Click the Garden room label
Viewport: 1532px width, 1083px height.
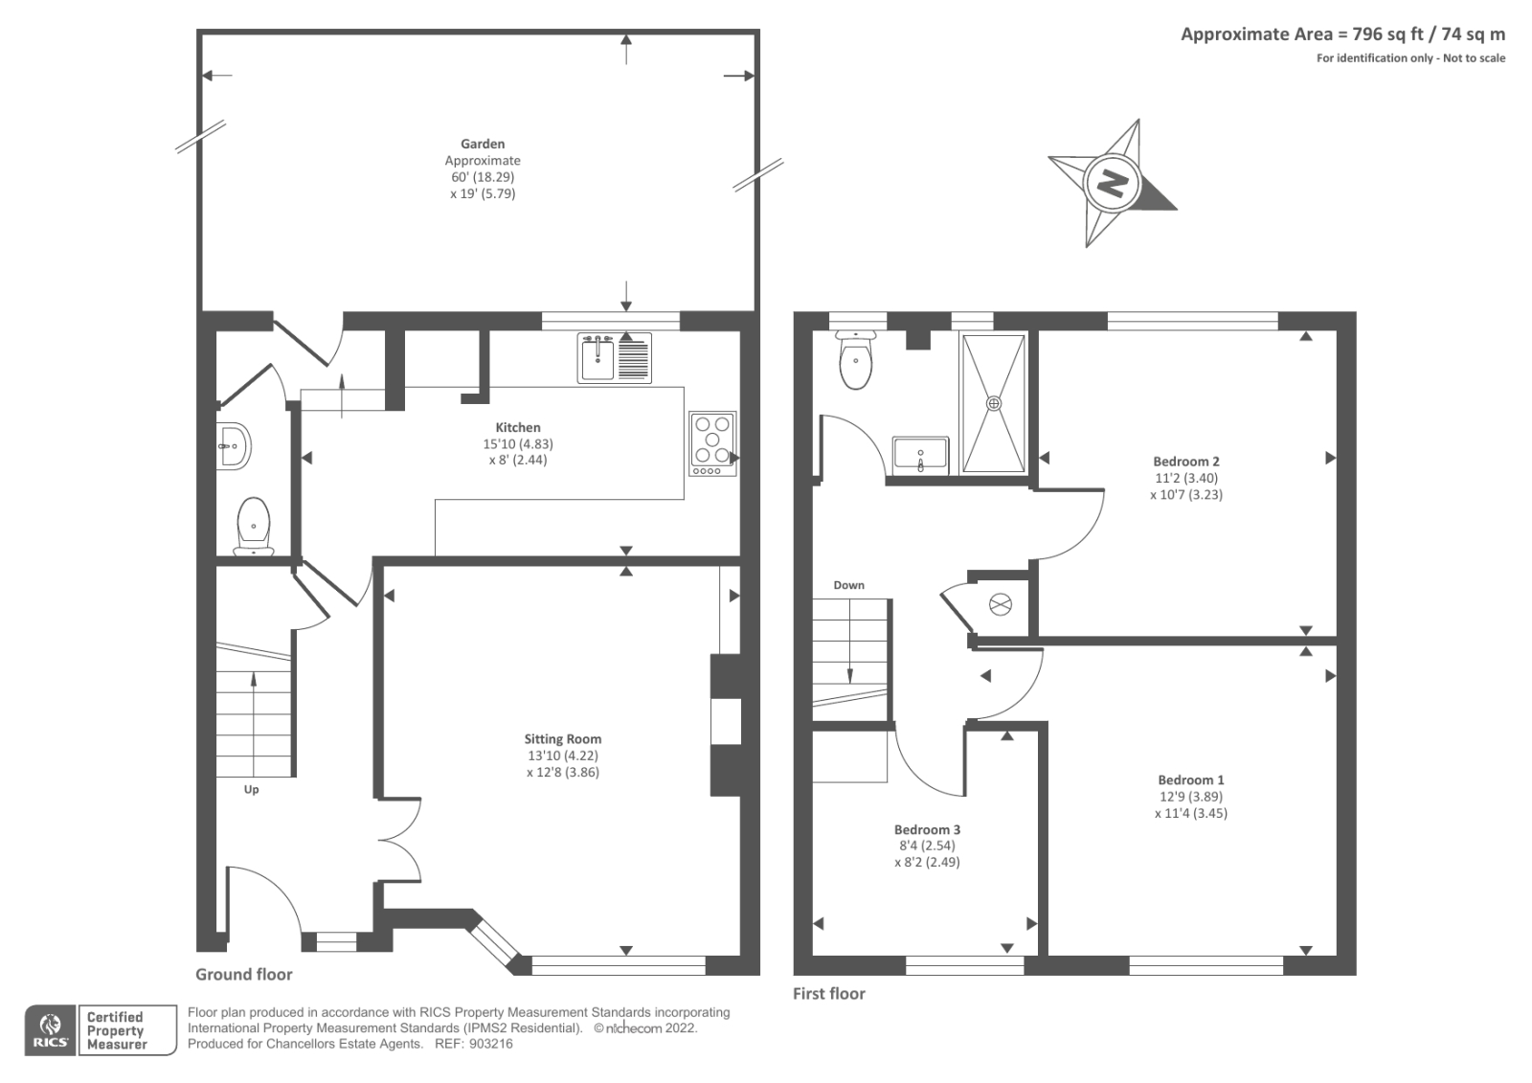coord(483,144)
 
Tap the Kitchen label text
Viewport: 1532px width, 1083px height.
coord(518,427)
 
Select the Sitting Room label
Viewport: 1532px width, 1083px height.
coord(563,739)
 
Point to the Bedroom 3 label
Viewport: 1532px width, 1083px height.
coord(927,829)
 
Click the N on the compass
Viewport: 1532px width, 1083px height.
coord(1112,183)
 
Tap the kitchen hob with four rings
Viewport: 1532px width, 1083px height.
coord(712,443)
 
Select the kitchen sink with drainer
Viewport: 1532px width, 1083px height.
coord(614,358)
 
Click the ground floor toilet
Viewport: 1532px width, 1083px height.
coord(254,526)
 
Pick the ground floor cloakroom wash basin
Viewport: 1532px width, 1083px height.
coord(234,445)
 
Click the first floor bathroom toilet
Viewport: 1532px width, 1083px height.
coord(856,360)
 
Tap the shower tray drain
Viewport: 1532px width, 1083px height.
coord(993,403)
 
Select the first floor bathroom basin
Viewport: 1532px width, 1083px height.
coord(920,455)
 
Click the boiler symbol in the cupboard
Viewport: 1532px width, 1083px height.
coord(1000,605)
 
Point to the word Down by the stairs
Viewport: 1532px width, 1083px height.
coord(848,585)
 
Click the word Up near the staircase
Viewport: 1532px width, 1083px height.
coord(251,789)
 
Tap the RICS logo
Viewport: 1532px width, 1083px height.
coord(51,1029)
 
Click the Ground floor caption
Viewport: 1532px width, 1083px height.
coord(243,974)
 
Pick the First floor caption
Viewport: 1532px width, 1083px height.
coord(829,993)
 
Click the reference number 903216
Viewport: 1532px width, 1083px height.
coord(490,1044)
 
